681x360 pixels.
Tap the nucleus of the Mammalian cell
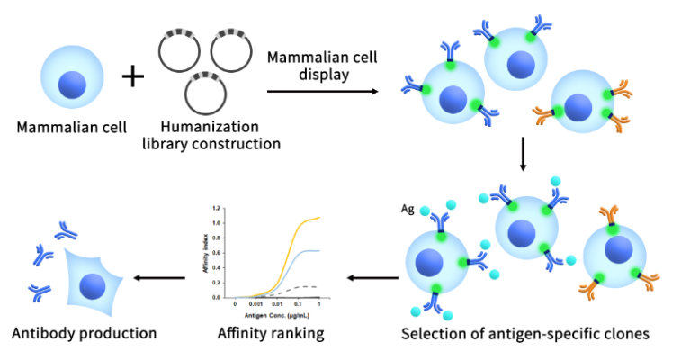click(73, 86)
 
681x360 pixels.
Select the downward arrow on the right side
click(522, 156)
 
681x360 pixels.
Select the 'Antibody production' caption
click(84, 334)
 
